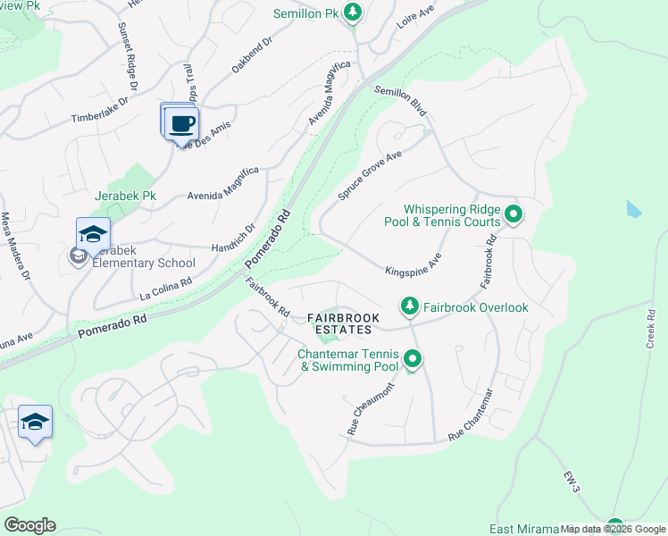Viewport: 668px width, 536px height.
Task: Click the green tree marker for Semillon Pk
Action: coord(354,12)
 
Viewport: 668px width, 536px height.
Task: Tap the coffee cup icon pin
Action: coord(182,122)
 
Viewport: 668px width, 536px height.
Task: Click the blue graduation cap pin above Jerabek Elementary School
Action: coord(93,235)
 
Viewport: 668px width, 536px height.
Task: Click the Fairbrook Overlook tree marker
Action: coord(410,306)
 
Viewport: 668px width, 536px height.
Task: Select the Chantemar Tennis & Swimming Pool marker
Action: coord(413,360)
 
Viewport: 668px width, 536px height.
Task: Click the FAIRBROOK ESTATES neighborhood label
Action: coord(344,323)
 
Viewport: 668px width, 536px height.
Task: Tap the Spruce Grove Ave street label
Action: coord(370,175)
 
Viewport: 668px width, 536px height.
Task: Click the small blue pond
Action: coord(634,210)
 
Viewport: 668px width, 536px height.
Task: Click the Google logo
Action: coord(29,525)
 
